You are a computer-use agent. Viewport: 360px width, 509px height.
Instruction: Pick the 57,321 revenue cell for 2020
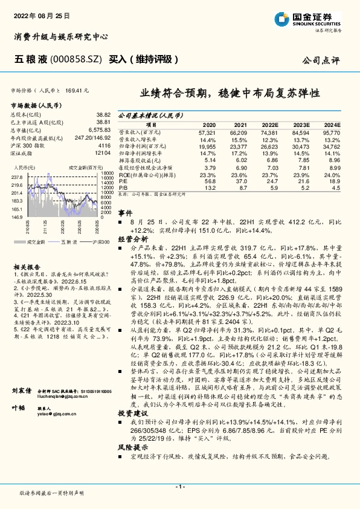206,132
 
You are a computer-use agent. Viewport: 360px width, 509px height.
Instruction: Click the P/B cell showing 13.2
210,187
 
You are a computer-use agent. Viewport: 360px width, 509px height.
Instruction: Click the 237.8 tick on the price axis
16,177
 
